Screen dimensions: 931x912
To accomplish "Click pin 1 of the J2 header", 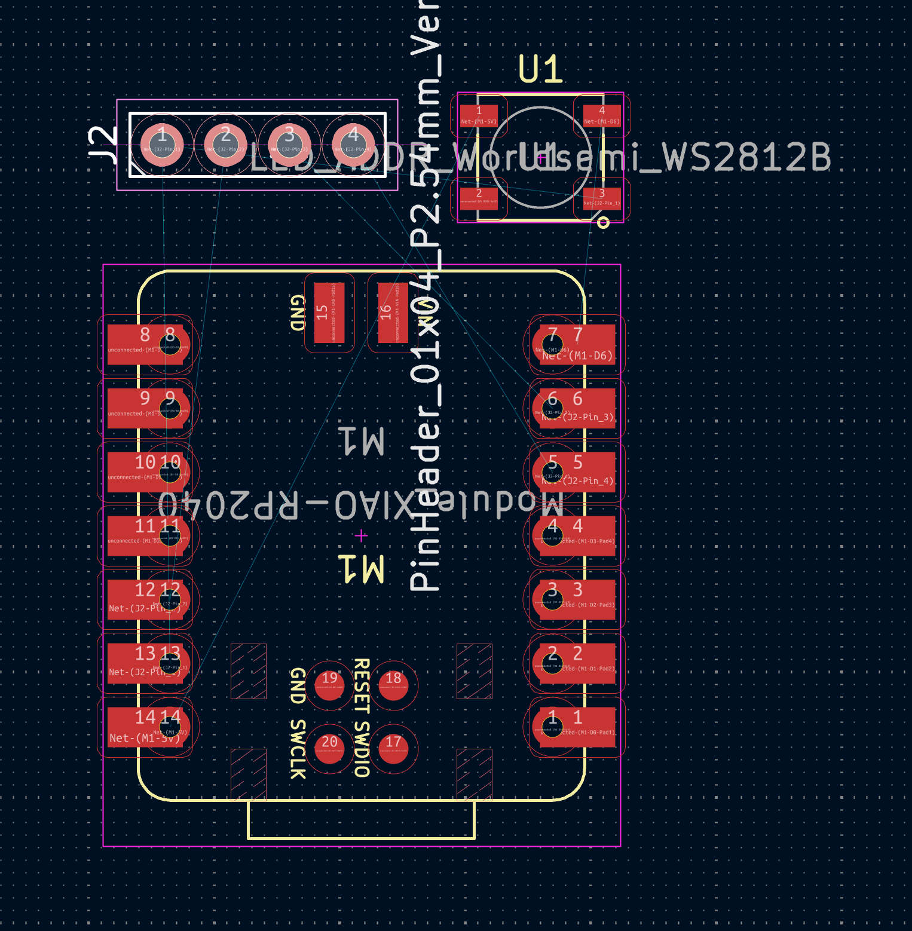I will tap(162, 145).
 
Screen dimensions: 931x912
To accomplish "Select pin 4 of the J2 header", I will tap(353, 145).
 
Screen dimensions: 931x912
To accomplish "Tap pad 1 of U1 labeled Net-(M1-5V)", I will tap(479, 116).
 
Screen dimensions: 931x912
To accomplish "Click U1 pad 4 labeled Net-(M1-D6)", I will tap(602, 116).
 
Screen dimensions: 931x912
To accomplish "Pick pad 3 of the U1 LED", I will tap(602, 198).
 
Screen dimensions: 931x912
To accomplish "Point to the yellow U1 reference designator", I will tap(540, 69).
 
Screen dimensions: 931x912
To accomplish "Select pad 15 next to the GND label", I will tap(329, 313).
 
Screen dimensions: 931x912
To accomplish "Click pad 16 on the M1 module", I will tap(393, 313).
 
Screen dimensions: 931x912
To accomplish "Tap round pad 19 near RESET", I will tap(329, 685).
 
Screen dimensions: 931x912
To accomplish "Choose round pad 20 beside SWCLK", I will tap(329, 748).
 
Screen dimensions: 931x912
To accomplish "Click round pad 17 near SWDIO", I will tap(393, 748).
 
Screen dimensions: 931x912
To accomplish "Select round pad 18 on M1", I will tap(393, 685).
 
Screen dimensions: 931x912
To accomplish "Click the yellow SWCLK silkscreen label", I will tap(298, 749).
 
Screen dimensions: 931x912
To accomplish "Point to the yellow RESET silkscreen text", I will tap(362, 686).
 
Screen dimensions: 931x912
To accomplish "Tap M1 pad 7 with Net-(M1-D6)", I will tap(577, 345).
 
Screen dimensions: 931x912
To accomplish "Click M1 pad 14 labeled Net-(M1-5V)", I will tap(145, 727).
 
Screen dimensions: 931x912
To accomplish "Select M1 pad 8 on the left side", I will tap(145, 345).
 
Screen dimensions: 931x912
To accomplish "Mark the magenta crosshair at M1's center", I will tap(361, 536).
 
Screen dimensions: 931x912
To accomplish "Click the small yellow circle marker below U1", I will tap(603, 223).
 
